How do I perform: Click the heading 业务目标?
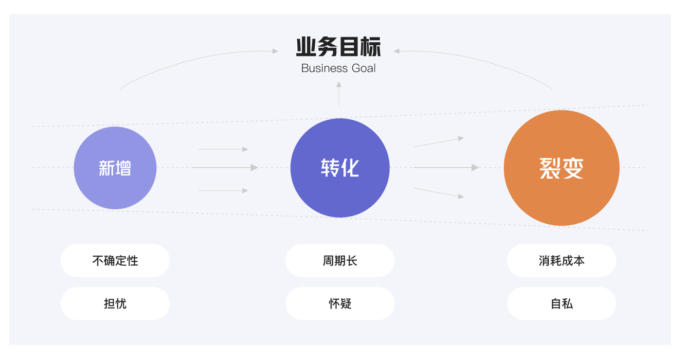coord(339,47)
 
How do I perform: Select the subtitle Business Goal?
coord(339,68)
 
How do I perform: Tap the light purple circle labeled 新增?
coord(115,168)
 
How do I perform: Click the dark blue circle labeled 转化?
coord(340,168)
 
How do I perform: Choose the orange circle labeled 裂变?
coord(561,168)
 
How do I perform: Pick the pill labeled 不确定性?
coord(115,261)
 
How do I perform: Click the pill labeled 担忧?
coord(115,304)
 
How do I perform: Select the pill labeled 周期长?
coord(340,261)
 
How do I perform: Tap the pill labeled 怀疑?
coord(340,304)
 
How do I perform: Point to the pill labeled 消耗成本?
coord(561,261)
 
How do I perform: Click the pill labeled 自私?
coord(561,304)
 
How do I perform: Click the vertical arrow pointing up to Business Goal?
coord(339,93)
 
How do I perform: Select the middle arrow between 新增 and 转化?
coord(225,168)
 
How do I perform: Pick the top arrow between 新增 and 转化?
coord(223,149)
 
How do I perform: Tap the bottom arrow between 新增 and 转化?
coord(223,191)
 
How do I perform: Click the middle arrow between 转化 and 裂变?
coord(446,168)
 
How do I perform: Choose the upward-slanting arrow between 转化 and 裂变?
coord(439,142)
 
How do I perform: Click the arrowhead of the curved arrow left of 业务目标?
coord(275,51)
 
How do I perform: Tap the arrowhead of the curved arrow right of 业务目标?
coord(397,51)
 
